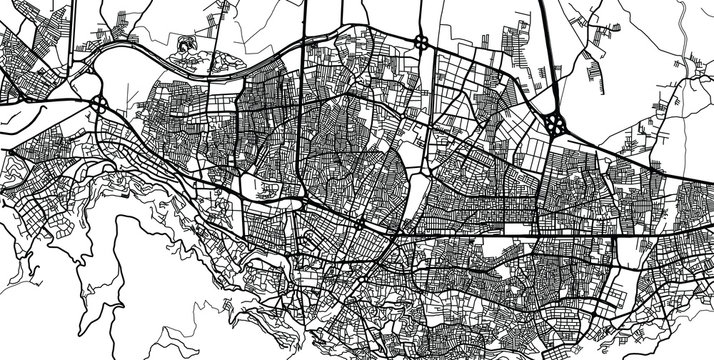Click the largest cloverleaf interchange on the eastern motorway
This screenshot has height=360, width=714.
[x=556, y=124]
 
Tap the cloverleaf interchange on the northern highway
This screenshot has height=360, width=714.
[x=422, y=43]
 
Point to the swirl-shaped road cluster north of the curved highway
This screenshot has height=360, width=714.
[x=186, y=44]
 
